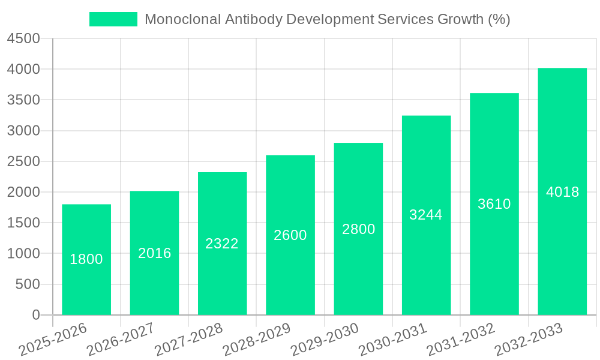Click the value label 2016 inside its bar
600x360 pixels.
(x=155, y=253)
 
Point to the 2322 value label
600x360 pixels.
(x=222, y=244)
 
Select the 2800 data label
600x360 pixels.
(x=359, y=229)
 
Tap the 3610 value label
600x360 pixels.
(x=494, y=204)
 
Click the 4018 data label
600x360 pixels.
(x=563, y=192)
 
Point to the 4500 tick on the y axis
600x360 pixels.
(x=23, y=39)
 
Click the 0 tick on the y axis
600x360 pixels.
(x=36, y=315)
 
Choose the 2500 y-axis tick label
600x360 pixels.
(x=23, y=161)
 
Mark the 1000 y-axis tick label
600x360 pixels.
(x=23, y=254)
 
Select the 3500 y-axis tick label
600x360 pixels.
(x=23, y=100)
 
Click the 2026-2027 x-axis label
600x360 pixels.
(x=120, y=339)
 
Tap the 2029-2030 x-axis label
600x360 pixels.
(x=325, y=339)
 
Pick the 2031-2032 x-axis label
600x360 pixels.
(x=461, y=339)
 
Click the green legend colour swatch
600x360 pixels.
(x=113, y=19)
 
